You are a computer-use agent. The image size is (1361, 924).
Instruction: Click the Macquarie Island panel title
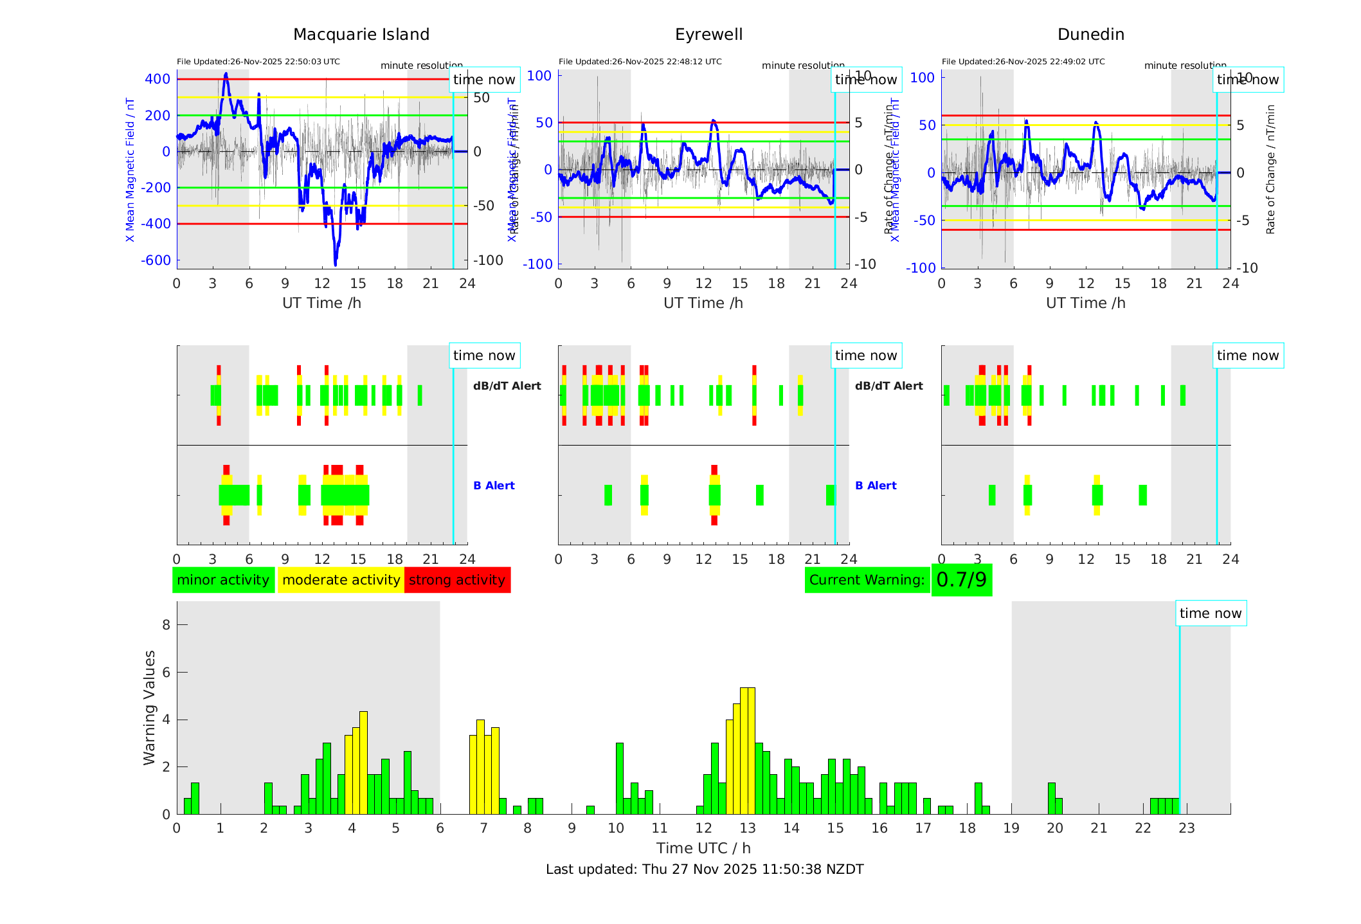(x=361, y=35)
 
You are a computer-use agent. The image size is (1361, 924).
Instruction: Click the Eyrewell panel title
(x=708, y=35)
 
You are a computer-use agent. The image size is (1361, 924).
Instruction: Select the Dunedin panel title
(x=1090, y=35)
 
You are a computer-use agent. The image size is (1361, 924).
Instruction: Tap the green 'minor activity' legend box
(x=223, y=580)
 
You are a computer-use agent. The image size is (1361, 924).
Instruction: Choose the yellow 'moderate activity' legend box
(x=341, y=580)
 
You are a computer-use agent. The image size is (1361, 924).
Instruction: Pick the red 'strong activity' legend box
(x=457, y=580)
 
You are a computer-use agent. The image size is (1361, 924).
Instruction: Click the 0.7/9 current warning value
(x=961, y=580)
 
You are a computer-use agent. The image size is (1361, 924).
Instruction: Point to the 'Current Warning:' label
(x=867, y=580)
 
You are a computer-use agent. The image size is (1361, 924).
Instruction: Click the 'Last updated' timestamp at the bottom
(x=705, y=869)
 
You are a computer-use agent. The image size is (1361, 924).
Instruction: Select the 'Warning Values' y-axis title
(x=150, y=707)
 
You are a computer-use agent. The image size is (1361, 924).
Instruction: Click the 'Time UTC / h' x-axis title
(x=703, y=848)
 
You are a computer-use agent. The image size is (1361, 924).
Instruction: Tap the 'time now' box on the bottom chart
(x=1211, y=613)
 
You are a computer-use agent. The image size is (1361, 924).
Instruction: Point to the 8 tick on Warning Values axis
(x=166, y=624)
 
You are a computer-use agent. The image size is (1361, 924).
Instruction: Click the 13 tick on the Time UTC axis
(x=747, y=828)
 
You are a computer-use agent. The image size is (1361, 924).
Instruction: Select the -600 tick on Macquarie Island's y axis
(x=156, y=260)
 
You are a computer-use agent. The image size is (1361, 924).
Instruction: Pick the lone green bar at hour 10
(x=620, y=778)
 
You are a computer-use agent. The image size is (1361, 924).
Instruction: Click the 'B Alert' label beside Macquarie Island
(x=494, y=485)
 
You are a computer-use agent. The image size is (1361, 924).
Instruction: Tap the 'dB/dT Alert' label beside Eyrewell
(x=888, y=386)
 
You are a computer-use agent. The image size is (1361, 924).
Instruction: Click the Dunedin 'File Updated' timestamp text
(x=1023, y=62)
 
